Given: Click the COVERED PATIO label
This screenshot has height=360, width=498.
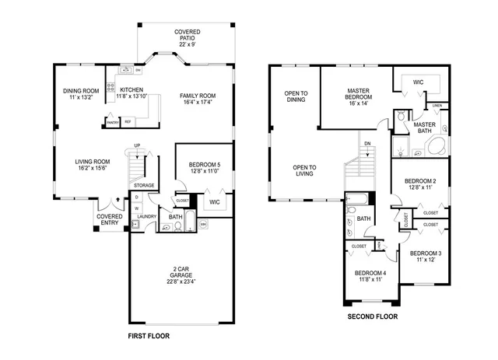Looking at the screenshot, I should tap(187, 32).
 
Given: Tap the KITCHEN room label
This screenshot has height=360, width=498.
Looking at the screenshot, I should tap(132, 90).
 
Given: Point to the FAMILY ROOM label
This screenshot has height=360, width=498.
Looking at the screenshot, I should tap(197, 96).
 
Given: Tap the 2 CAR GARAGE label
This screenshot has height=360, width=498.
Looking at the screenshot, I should tap(180, 273).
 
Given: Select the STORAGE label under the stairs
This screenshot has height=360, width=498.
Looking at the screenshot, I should tap(144, 185).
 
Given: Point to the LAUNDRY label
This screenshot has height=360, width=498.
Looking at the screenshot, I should tap(148, 216).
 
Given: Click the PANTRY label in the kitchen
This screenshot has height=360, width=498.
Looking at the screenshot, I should tap(112, 122).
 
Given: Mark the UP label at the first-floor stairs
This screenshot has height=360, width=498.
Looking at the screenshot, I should tap(137, 145).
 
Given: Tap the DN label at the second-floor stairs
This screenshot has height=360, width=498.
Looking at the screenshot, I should tap(366, 143).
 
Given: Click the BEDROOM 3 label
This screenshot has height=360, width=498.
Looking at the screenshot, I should tap(425, 253).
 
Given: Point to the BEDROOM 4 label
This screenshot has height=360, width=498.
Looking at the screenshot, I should tap(370, 273).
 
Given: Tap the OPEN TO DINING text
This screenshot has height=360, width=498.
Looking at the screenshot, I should tap(296, 96).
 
